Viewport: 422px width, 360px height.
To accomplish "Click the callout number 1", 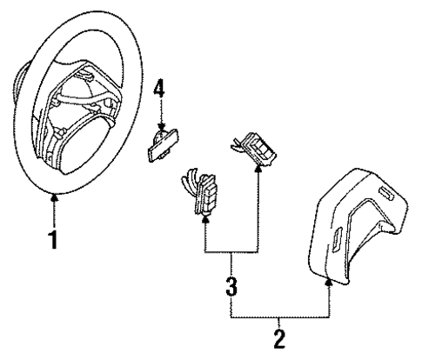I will click(x=53, y=237).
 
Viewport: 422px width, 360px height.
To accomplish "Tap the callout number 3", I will click(x=231, y=284).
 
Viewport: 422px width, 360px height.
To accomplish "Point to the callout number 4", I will click(x=158, y=88).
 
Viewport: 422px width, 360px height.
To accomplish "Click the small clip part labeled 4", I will click(x=158, y=146).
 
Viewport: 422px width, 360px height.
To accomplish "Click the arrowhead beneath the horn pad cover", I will click(x=330, y=281).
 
